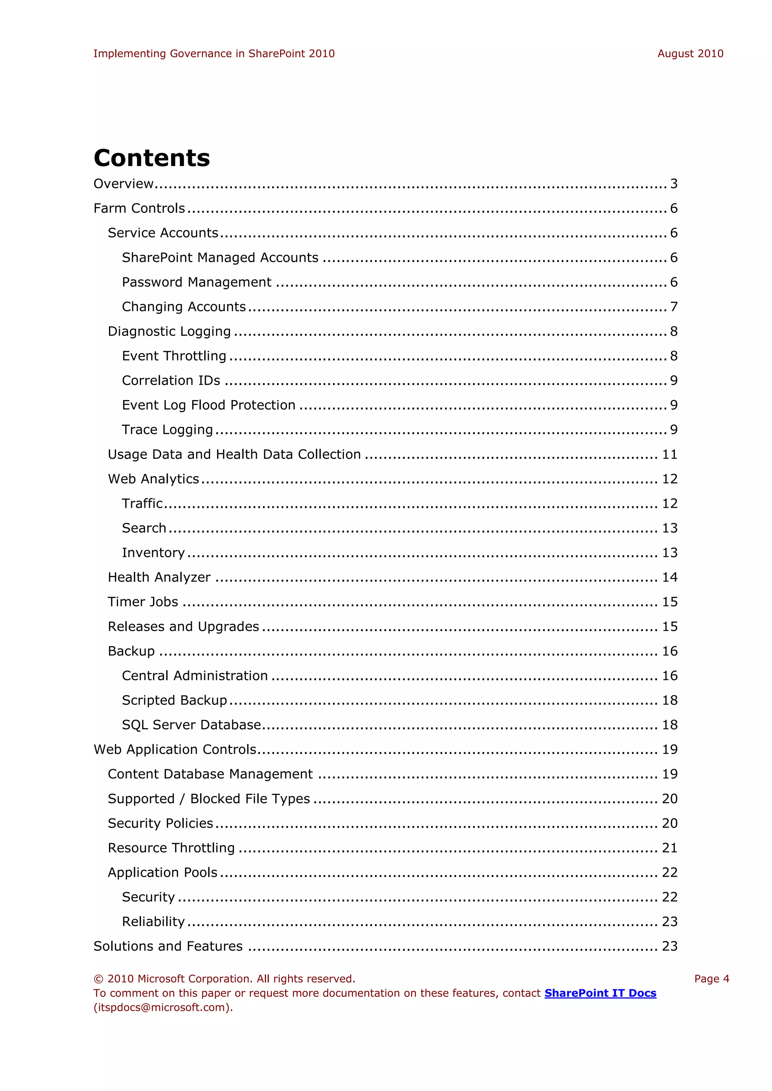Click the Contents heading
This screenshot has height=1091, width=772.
tap(152, 158)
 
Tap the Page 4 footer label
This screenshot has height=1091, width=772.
tap(711, 979)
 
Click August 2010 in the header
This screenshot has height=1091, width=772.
tap(690, 54)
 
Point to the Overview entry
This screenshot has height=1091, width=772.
tap(124, 183)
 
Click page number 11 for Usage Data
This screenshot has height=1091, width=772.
tap(669, 454)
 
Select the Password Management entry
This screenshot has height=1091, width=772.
tap(196, 282)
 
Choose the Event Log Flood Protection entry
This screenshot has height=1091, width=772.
tap(208, 405)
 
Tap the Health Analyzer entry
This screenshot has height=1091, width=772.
tap(159, 578)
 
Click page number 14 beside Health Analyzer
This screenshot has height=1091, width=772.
tap(669, 578)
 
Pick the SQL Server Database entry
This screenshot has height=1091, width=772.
tap(191, 725)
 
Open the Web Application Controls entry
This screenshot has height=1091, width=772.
tap(175, 749)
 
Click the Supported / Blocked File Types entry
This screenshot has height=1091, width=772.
tap(209, 799)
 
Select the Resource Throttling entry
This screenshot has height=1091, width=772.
tap(171, 848)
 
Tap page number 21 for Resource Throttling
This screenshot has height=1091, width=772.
tap(669, 848)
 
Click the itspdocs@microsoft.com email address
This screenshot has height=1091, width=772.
tap(162, 1007)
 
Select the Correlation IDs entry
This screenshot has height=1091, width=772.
tap(171, 380)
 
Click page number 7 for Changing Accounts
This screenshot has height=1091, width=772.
tap(674, 307)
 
